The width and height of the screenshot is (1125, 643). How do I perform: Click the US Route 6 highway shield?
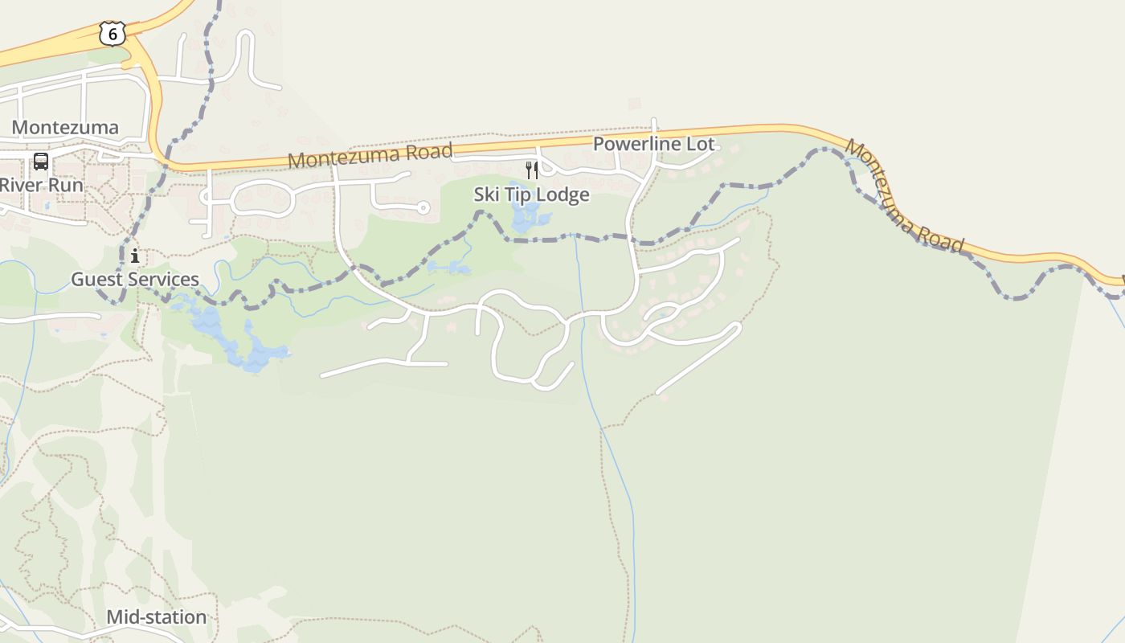point(112,34)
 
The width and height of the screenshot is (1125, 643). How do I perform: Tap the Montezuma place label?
point(65,127)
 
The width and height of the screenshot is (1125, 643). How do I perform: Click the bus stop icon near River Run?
point(40,162)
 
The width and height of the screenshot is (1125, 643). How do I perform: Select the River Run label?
point(41,185)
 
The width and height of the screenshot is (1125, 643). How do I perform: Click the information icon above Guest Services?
point(135,256)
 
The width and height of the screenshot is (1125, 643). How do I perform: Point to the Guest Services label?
point(135,279)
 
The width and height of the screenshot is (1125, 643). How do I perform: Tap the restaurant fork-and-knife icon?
point(531,170)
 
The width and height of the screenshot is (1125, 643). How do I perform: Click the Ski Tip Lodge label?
point(531,195)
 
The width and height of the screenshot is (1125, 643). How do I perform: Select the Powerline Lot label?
point(653,144)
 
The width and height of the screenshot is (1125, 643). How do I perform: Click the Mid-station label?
point(157,617)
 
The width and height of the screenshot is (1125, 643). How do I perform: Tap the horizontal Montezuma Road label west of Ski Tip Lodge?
point(370,155)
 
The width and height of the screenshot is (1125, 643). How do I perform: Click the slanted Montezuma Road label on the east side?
point(904,196)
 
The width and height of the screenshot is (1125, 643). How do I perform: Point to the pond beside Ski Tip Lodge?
point(526,214)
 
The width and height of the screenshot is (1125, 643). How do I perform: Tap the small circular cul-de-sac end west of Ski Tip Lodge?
point(423,208)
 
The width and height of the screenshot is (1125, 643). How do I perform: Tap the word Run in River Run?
point(67,185)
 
